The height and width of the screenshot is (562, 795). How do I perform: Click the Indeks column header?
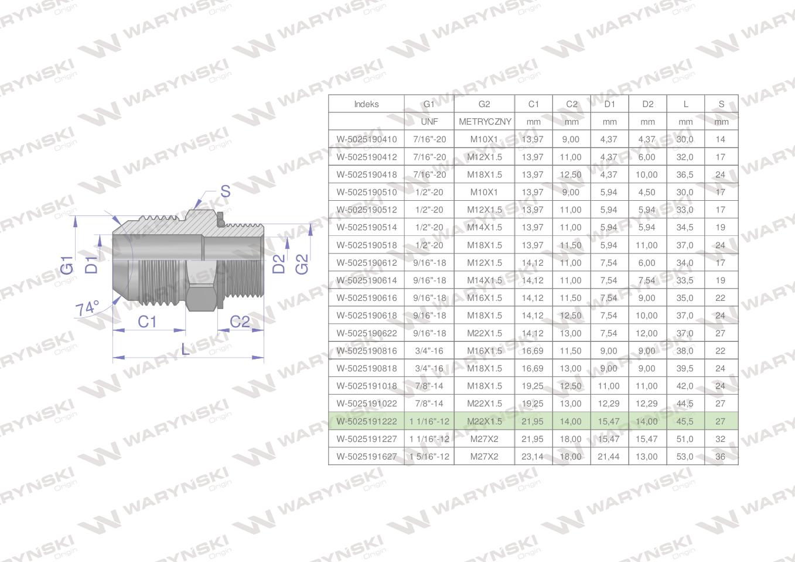click(x=366, y=104)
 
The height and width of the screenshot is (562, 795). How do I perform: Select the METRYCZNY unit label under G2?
click(x=485, y=122)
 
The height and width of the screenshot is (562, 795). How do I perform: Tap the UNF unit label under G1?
click(x=429, y=122)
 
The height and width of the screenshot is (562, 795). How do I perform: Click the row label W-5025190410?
click(x=367, y=139)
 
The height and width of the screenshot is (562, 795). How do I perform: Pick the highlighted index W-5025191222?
click(x=367, y=421)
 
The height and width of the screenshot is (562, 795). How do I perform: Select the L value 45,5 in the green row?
click(x=685, y=421)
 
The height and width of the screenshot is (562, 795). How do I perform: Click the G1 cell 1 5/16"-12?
click(x=429, y=457)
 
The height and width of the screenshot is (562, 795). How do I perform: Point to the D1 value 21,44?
click(x=608, y=457)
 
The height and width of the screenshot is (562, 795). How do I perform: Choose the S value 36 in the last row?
click(x=720, y=457)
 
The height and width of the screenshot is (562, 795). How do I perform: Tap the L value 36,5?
click(x=685, y=174)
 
